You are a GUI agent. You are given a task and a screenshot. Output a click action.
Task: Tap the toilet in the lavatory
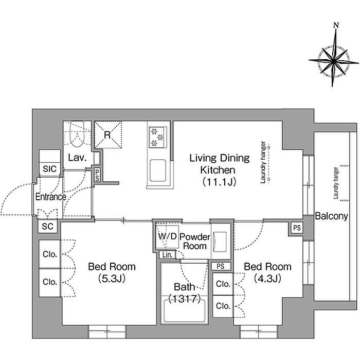click(77, 134)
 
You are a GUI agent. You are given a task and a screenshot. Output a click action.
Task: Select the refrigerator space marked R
click(107, 135)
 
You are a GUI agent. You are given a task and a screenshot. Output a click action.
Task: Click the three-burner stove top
click(157, 137)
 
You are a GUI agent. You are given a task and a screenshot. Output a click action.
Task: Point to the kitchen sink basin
click(158, 170)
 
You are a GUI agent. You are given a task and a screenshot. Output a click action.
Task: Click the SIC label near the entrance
click(49, 169)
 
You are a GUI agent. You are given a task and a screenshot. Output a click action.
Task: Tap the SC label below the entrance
click(48, 226)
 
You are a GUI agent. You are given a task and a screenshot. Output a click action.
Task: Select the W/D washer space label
click(167, 236)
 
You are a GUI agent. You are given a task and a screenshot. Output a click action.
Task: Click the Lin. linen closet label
click(167, 255)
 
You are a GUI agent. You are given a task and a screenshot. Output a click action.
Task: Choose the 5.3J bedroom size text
click(112, 279)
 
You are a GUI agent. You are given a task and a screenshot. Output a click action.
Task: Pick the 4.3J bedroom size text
click(267, 279)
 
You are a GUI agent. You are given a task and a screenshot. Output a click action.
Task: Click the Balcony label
click(331, 216)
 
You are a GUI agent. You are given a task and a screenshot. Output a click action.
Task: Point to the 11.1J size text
click(219, 182)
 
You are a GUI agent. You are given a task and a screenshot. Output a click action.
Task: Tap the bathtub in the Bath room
click(184, 311)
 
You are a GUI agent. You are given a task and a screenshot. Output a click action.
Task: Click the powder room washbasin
click(220, 242)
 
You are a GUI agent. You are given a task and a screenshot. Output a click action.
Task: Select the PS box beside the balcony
click(297, 228)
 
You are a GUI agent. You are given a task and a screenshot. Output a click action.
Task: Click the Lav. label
click(77, 158)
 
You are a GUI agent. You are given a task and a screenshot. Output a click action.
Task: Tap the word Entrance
click(50, 197)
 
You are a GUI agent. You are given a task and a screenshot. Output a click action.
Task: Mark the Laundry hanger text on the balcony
click(336, 183)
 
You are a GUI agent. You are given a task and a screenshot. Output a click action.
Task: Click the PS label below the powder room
click(220, 266)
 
